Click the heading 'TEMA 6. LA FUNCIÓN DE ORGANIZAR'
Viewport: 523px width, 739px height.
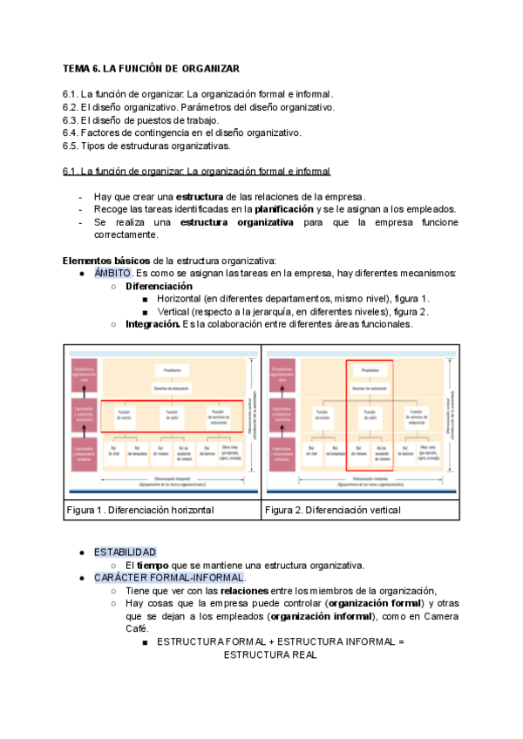point(151,68)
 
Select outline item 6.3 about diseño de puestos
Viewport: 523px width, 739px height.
point(141,119)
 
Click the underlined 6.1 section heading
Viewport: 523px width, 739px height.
point(196,172)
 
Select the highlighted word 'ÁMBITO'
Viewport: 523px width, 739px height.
point(112,274)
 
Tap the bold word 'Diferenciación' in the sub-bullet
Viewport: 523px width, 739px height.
point(159,286)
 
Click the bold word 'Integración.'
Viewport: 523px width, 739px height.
point(153,324)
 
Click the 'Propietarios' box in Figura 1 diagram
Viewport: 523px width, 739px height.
point(173,369)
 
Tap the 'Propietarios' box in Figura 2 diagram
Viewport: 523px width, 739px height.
point(369,369)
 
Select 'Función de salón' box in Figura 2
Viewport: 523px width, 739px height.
point(369,414)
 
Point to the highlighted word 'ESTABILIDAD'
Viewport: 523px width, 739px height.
point(126,553)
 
